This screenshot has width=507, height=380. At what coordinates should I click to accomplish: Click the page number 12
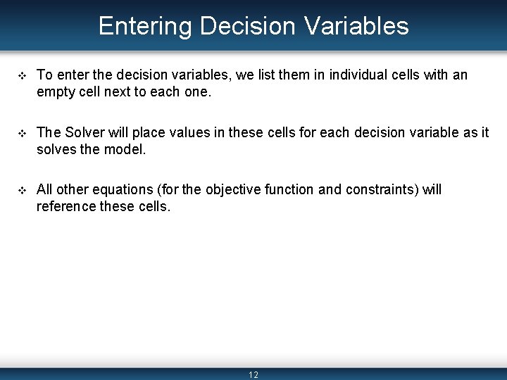coord(254,375)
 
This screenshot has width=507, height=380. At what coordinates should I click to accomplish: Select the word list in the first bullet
coord(240,75)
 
